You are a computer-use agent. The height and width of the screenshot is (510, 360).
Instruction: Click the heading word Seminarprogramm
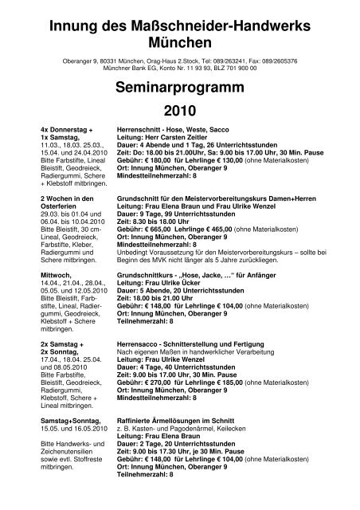tap(179, 84)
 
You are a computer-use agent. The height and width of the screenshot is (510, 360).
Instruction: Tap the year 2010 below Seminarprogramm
tap(179, 108)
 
